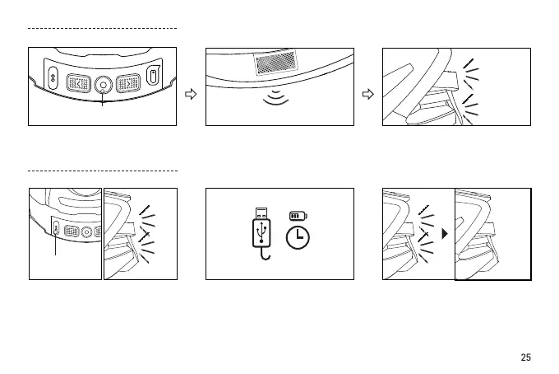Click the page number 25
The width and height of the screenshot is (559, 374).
point(526,358)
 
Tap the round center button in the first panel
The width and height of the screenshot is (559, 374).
point(103,83)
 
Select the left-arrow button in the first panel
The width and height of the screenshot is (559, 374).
point(78,82)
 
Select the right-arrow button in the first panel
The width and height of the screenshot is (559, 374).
point(129,82)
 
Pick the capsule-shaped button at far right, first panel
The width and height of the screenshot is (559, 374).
point(155,77)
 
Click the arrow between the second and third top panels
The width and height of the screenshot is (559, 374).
point(367,94)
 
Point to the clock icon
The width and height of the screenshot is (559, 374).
point(297,237)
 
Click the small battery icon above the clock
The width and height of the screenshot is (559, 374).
point(297,216)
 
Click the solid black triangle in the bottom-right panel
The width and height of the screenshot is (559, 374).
point(445,233)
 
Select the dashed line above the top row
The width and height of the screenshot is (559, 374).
point(103,28)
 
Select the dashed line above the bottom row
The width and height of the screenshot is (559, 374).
point(103,171)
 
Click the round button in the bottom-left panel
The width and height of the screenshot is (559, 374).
point(85,231)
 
